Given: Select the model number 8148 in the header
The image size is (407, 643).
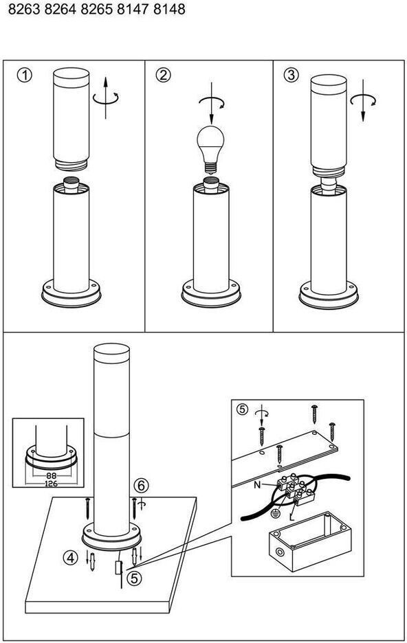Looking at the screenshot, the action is click(169, 10).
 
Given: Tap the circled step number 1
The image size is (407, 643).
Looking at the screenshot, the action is click(24, 76).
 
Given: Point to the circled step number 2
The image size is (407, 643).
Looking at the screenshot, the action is click(164, 76).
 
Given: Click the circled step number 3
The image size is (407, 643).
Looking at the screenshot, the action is click(291, 75).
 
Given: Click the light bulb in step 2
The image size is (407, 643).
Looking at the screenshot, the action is click(211, 150).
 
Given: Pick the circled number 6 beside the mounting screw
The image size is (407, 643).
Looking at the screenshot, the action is click(141, 486).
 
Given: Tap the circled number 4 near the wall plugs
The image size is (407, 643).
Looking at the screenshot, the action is click(71, 557).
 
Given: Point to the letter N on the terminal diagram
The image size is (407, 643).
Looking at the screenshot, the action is click(257, 485).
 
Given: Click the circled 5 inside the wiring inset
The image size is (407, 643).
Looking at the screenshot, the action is click(243, 409).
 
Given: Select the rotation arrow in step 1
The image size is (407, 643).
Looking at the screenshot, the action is click(106, 98).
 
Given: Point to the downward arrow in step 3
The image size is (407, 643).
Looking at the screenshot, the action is click(363, 101).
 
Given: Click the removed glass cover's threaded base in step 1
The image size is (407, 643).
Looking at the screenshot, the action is click(71, 163).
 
